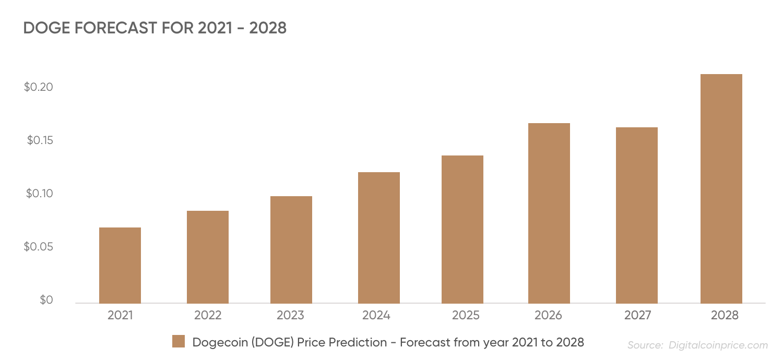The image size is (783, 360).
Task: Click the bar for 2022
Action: [x=208, y=257]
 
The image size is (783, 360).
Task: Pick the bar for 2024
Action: [x=379, y=237]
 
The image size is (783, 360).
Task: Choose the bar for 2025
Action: [x=462, y=229]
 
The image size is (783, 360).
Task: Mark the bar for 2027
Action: [x=637, y=215]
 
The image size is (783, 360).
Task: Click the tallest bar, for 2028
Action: [x=721, y=188]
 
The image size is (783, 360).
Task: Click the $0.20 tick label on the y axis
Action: [x=39, y=87]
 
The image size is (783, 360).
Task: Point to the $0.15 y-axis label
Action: [x=40, y=140]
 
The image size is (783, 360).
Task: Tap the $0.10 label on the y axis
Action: [x=39, y=194]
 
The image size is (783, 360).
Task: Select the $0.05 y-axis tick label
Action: [x=39, y=247]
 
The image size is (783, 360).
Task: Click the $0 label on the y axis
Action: [x=46, y=300]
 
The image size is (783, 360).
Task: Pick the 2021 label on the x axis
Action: [x=120, y=315]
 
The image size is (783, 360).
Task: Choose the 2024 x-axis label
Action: [x=376, y=315]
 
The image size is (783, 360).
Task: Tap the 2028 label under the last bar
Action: [x=725, y=315]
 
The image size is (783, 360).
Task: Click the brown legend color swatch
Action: [x=179, y=342]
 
